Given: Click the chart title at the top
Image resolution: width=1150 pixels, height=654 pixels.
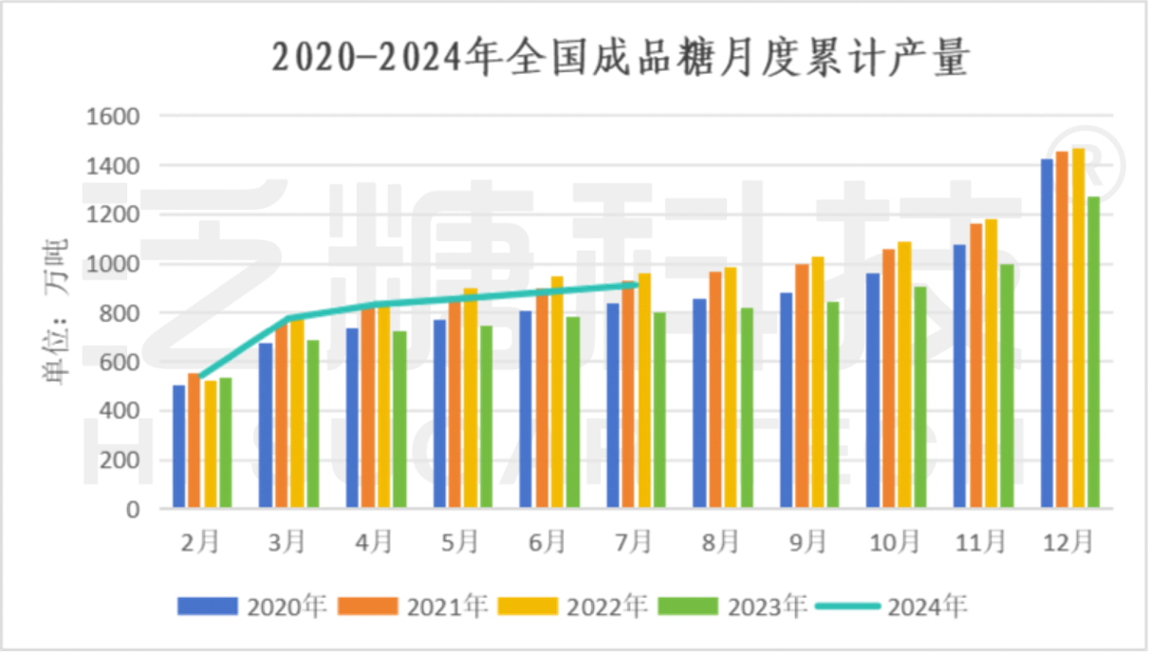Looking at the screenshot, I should (x=621, y=58).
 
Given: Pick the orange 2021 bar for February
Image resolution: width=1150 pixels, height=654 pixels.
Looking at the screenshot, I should (x=194, y=439).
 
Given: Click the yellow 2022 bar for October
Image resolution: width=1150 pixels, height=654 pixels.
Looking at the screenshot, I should (x=904, y=374).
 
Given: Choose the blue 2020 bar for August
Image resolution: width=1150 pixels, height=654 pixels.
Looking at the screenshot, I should (x=699, y=402).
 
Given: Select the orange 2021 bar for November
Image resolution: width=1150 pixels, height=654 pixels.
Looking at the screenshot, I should (x=976, y=364).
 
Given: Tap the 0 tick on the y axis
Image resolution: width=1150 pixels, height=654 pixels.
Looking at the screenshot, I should (x=133, y=510).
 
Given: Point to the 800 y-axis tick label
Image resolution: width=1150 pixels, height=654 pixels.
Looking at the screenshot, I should (x=119, y=313).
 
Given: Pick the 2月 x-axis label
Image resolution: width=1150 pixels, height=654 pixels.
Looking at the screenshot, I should (x=201, y=542).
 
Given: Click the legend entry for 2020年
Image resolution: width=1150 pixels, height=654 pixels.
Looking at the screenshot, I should (x=252, y=606).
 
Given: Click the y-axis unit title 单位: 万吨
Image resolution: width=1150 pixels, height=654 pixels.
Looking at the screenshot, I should (x=55, y=313).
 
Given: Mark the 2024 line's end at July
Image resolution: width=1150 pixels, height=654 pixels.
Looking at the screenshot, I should (x=636, y=284).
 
